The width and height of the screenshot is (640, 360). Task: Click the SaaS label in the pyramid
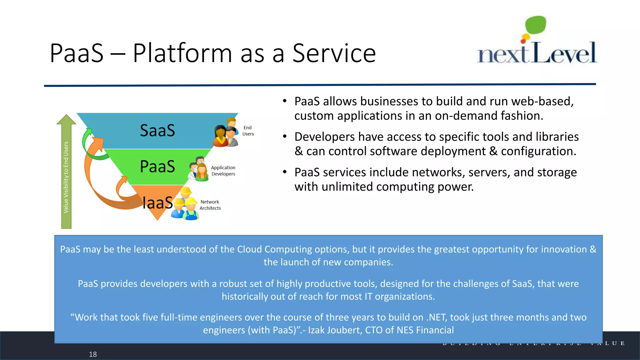157,131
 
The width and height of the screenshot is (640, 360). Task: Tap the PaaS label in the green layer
157,167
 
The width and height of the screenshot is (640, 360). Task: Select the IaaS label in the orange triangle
157,203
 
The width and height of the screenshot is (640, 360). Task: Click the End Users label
248,131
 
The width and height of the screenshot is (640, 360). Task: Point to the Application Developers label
223,171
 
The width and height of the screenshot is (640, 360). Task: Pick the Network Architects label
210,205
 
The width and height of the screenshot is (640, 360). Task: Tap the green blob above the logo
536,25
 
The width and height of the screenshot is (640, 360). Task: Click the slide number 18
93,354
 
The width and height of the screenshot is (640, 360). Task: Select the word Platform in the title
182,53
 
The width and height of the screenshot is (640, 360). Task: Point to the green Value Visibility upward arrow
66,172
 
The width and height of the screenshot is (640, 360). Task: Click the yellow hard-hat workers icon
185,205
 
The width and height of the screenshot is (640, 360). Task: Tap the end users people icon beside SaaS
226,133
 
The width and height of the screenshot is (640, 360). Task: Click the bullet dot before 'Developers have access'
284,137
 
